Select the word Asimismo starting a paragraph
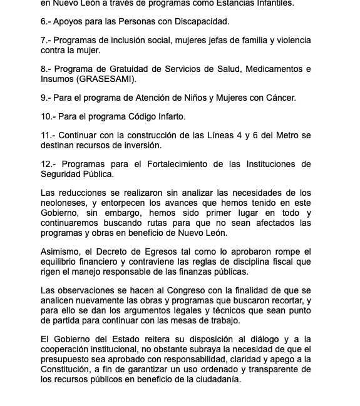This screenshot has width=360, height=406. click(62, 251)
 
